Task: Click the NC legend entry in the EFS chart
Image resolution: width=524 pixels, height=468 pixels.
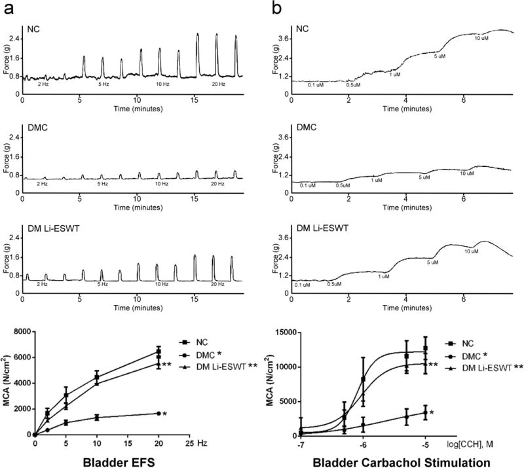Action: point(194,342)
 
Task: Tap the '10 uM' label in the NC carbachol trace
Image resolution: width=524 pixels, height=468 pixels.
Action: point(481,38)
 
